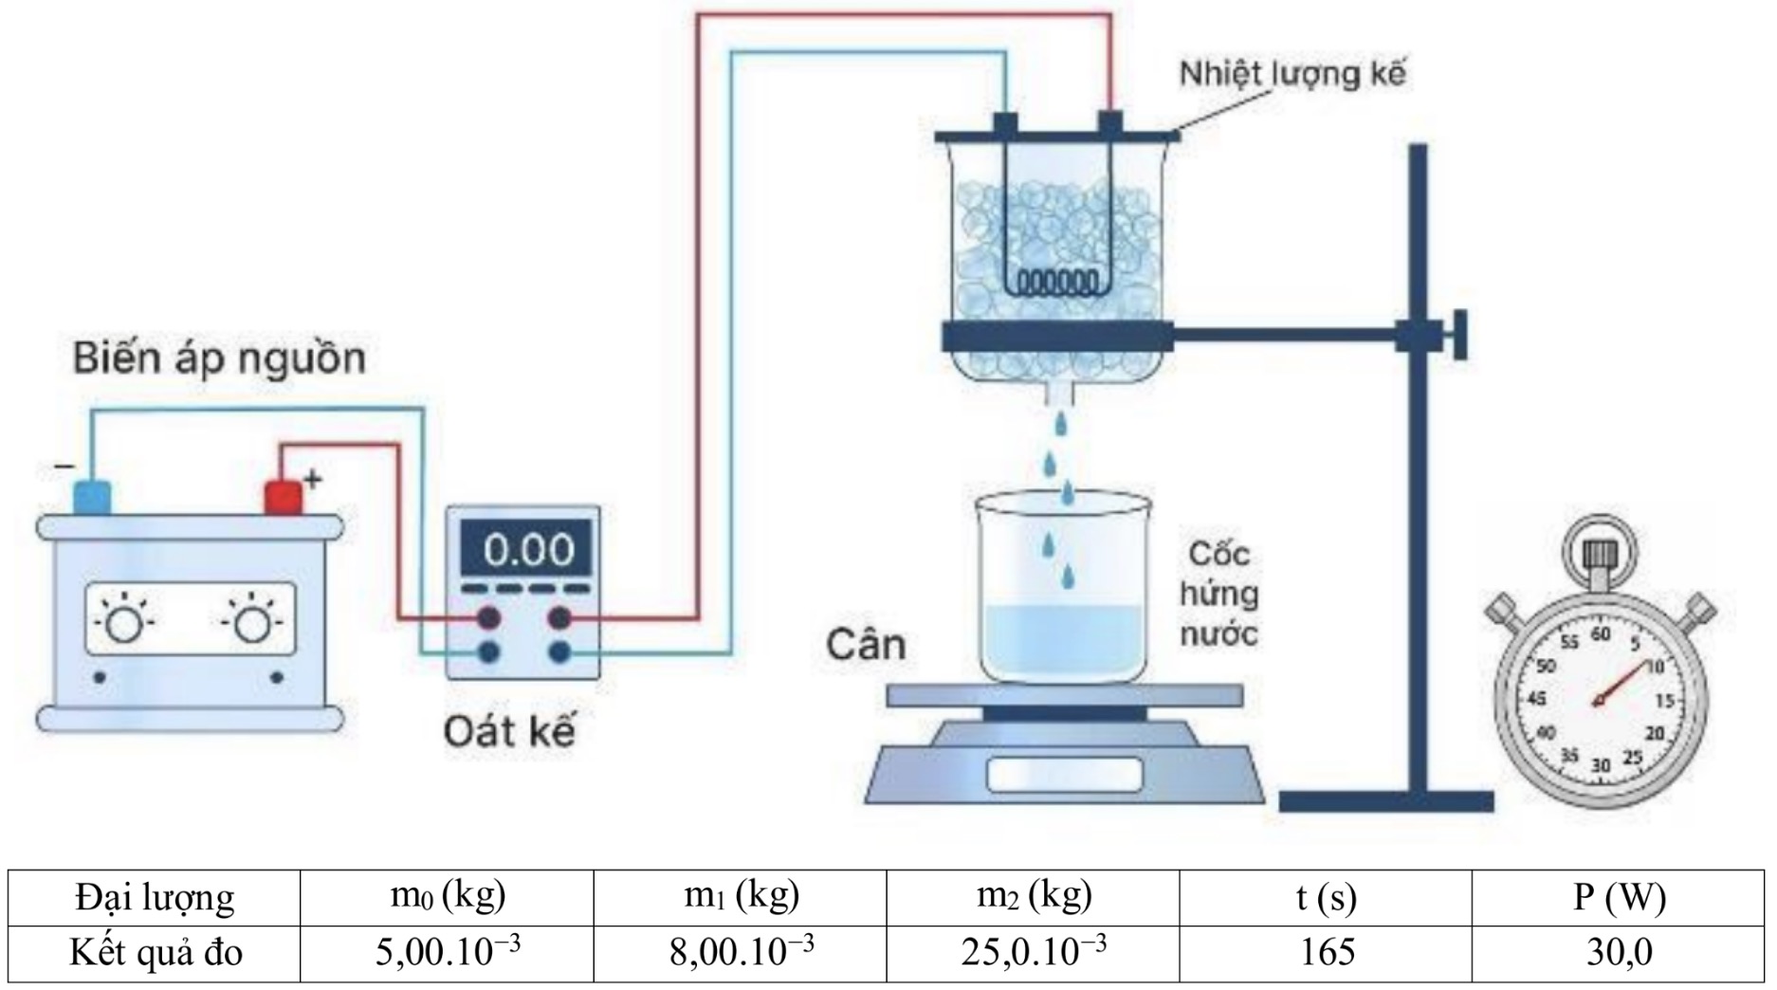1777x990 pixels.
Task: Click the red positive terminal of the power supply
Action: click(x=283, y=498)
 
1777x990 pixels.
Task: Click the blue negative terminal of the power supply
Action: click(x=92, y=498)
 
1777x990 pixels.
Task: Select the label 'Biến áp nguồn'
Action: click(x=219, y=358)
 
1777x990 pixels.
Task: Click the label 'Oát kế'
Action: click(x=509, y=731)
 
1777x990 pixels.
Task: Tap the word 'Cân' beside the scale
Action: click(x=866, y=645)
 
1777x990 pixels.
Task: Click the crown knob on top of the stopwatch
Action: click(x=1600, y=552)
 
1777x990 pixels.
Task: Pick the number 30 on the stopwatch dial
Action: click(x=1601, y=764)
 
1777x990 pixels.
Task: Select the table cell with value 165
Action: click(x=1326, y=953)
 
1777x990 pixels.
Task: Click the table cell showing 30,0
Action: click(x=1618, y=953)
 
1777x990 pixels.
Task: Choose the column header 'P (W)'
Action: click(x=1618, y=897)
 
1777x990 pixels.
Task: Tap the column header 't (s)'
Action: click(x=1326, y=897)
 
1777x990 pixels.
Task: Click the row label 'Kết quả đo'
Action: click(x=156, y=953)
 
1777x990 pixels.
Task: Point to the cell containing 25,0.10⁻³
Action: click(x=1034, y=953)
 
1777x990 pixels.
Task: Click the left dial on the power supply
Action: click(x=124, y=622)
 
